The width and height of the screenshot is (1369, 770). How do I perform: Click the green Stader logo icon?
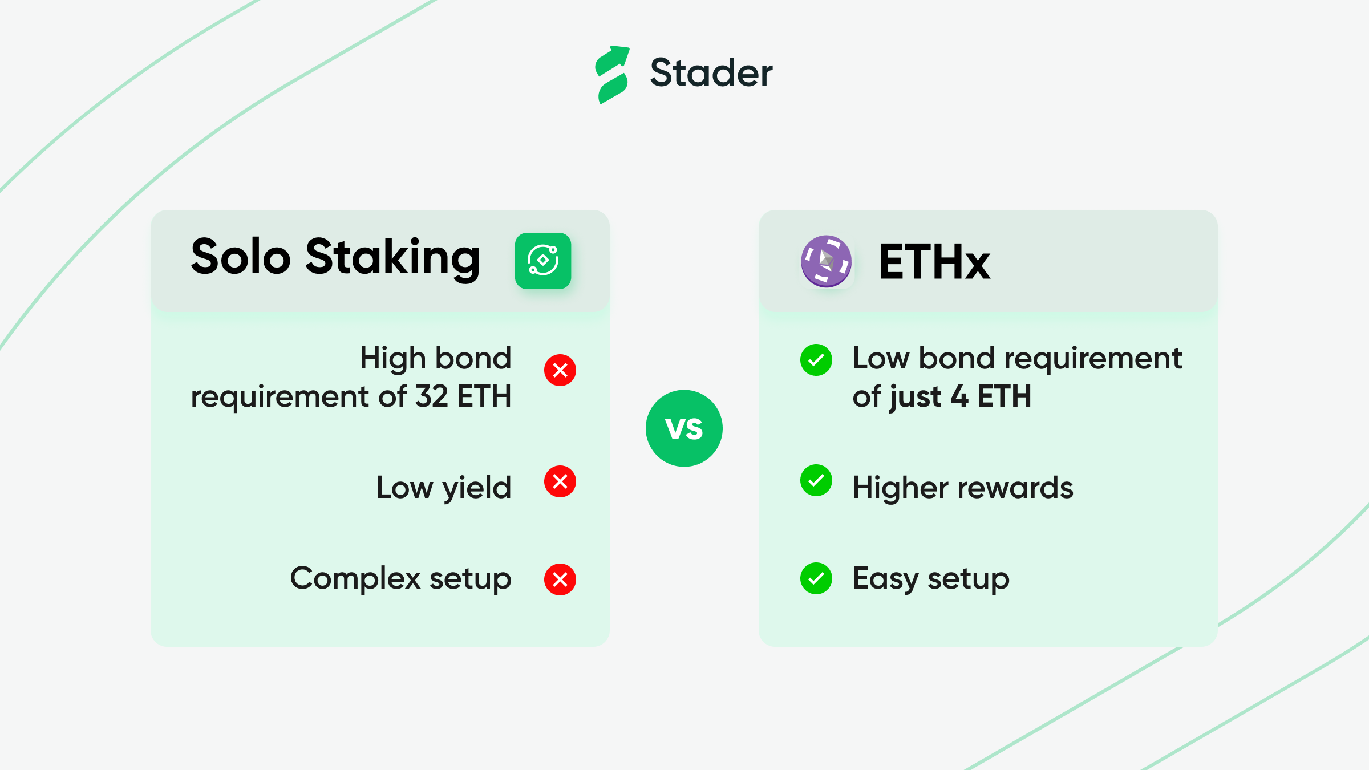[612, 75]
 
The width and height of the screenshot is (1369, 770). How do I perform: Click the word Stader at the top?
[711, 73]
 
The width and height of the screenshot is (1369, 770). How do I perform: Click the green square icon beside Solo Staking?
[543, 261]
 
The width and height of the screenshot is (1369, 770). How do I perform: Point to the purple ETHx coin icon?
[826, 261]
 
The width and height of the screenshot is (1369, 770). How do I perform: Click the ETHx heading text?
[934, 262]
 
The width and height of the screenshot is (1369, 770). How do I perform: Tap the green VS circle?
[684, 428]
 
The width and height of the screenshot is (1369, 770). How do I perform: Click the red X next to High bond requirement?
[560, 370]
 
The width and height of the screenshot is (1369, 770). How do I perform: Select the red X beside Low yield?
[560, 481]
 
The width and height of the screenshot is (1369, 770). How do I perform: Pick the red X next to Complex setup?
[560, 579]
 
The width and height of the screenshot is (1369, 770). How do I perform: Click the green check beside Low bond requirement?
[816, 360]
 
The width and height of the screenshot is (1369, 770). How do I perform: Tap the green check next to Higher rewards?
[816, 480]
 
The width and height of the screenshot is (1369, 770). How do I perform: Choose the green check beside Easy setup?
[816, 578]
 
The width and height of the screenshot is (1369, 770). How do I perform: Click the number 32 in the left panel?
[431, 396]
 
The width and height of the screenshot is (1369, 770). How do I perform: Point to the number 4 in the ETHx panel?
[959, 396]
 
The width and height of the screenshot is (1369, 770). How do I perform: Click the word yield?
[477, 488]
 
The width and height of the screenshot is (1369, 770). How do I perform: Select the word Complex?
[355, 578]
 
